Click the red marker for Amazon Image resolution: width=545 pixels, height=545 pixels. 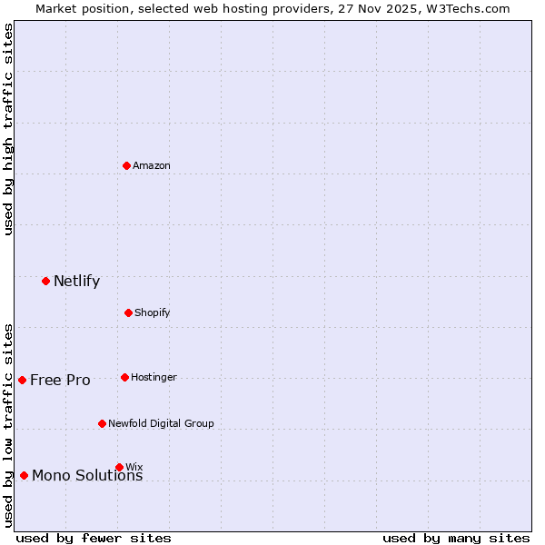(x=127, y=165)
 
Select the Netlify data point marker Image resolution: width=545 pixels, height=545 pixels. (x=45, y=281)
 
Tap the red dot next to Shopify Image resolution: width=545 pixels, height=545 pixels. (x=128, y=312)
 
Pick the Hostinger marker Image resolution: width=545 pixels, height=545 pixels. (x=124, y=377)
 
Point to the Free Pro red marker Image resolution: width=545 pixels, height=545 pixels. (x=22, y=380)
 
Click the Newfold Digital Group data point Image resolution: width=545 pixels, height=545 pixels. (x=102, y=423)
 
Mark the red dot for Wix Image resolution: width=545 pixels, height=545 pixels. (x=119, y=467)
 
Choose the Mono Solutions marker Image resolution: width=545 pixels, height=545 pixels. (x=24, y=475)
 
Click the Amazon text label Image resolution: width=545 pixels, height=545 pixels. (x=152, y=165)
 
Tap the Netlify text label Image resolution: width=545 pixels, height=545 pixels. (x=76, y=281)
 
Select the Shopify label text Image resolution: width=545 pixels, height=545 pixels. (x=153, y=312)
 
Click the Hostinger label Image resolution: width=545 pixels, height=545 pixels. (x=154, y=377)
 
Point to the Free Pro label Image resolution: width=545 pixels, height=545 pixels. (x=60, y=380)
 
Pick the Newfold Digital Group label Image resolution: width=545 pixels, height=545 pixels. (x=161, y=423)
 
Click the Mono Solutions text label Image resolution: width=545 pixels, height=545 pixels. (x=87, y=476)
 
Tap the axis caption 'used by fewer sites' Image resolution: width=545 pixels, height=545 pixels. (x=94, y=538)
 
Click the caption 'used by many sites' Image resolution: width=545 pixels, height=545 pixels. (x=456, y=538)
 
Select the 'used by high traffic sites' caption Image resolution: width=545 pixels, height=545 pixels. (x=8, y=129)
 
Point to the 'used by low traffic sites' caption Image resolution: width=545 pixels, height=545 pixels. (x=8, y=425)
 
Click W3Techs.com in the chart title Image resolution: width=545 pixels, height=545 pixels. (x=468, y=8)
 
